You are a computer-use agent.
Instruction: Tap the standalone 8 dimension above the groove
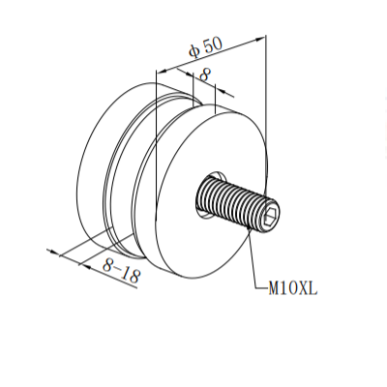(204, 75)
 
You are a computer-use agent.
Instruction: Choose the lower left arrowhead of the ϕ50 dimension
(161, 72)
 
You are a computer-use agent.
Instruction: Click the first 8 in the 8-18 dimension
(106, 264)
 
